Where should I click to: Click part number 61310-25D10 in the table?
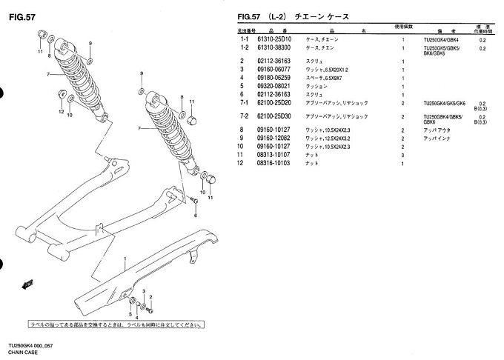(x=274, y=39)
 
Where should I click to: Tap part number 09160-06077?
(x=274, y=70)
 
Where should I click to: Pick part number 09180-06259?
(x=274, y=78)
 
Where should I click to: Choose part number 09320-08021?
(x=274, y=86)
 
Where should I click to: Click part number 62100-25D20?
(x=274, y=103)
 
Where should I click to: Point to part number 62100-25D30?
(x=274, y=117)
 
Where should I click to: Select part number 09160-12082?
(x=274, y=139)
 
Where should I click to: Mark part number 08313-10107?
(x=274, y=154)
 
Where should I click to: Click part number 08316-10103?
(x=274, y=162)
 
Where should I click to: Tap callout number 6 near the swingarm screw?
(x=196, y=216)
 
